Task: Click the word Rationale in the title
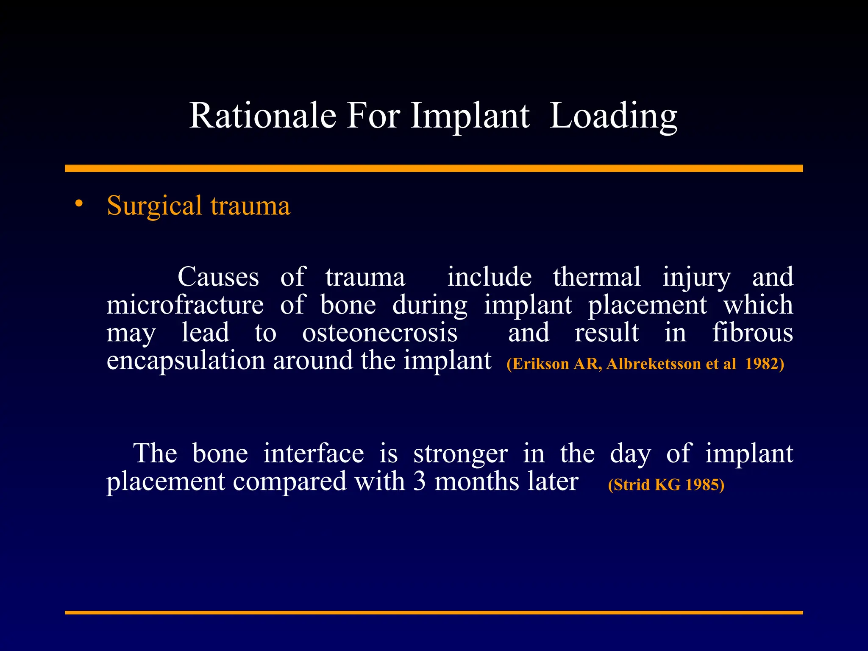click(262, 116)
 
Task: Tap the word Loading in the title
click(613, 116)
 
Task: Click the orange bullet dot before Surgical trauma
click(78, 204)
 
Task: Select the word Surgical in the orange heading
click(154, 206)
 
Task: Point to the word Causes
click(218, 278)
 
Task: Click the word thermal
click(596, 278)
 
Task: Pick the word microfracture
click(185, 305)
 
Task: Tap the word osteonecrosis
click(380, 333)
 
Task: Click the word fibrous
click(752, 333)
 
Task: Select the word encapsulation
click(186, 361)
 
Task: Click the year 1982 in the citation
click(761, 364)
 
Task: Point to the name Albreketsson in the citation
click(653, 364)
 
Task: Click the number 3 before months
click(419, 482)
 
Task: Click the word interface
click(313, 453)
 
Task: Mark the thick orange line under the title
click(434, 168)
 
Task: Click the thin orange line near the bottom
click(434, 612)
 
